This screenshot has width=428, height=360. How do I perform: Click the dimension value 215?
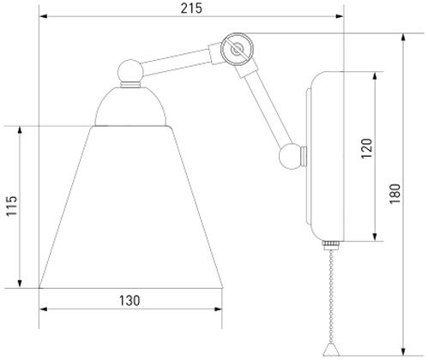click(191, 8)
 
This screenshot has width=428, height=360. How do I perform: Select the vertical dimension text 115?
click(10, 207)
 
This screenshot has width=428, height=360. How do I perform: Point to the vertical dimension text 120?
click(366, 149)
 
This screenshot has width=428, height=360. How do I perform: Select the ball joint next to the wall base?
click(292, 156)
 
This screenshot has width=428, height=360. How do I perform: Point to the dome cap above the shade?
click(130, 106)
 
